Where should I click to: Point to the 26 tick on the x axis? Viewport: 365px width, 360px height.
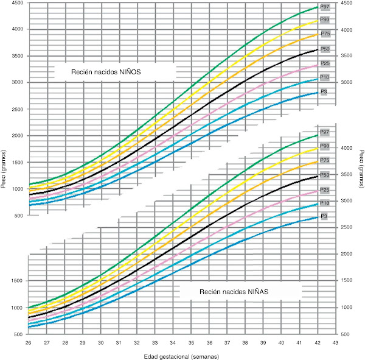[x=29, y=343]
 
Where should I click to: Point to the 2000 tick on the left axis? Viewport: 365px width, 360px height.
[x=17, y=136]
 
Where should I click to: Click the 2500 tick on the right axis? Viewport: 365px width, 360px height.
[x=345, y=228]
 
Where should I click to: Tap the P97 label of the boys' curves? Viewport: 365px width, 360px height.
[x=325, y=7]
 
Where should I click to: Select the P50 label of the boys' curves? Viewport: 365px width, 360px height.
[x=325, y=49]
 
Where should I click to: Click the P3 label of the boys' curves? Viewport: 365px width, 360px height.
[x=324, y=91]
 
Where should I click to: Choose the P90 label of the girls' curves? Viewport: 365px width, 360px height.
[x=325, y=146]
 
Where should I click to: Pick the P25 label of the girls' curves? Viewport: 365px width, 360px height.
[x=325, y=189]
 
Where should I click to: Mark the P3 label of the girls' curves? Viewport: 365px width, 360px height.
[x=324, y=217]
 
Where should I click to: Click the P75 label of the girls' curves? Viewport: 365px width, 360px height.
[x=325, y=160]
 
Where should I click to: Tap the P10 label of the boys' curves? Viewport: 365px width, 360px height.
[x=325, y=77]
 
